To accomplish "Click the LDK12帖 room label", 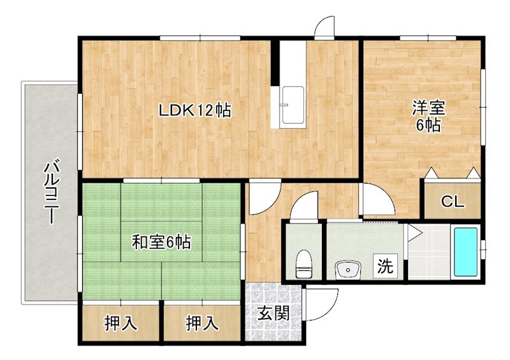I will (x=194, y=110).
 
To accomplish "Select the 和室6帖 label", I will (x=161, y=242).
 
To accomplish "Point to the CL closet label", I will (x=453, y=203).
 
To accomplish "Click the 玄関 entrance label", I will (x=274, y=313).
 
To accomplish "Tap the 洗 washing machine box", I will (x=384, y=266).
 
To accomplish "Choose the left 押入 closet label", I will (x=120, y=324).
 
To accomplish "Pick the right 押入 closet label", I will (x=202, y=324).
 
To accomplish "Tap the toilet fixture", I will (x=304, y=263).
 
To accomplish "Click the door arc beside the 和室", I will (x=261, y=199).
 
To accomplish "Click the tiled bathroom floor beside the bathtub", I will (x=430, y=252).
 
